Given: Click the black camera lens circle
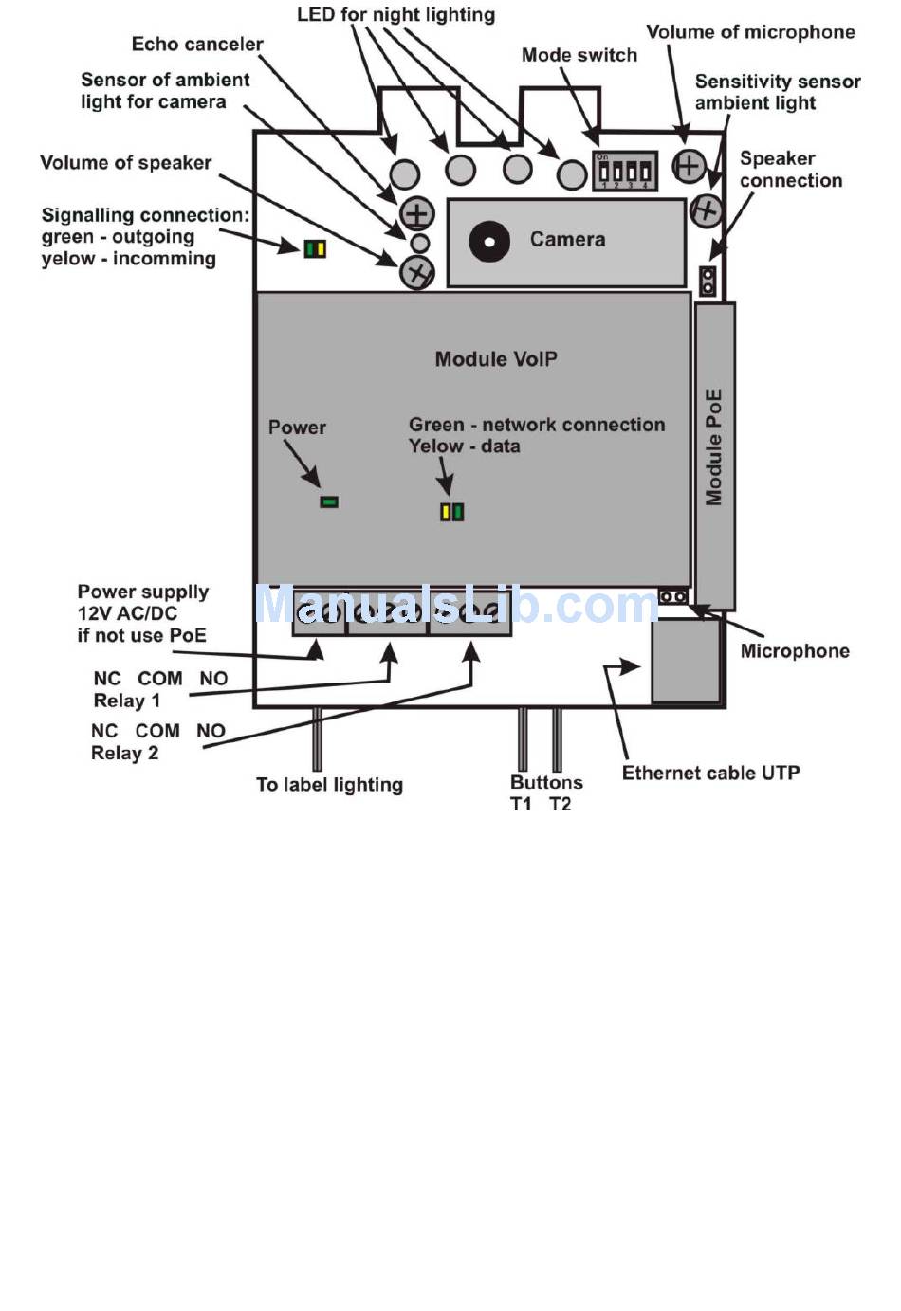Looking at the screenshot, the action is [x=489, y=241].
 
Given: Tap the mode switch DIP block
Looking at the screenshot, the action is [x=624, y=171].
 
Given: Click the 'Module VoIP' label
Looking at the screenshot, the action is [x=495, y=359].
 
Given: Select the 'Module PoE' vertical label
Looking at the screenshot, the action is [x=714, y=446].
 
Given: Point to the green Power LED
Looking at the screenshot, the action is [x=329, y=501].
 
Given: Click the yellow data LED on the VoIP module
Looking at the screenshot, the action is [x=446, y=512].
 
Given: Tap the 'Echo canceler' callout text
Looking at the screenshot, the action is [x=197, y=45].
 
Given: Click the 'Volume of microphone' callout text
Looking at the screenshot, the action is [x=750, y=32].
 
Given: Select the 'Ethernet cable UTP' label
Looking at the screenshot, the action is [x=710, y=773].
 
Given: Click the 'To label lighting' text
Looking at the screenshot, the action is [x=329, y=785].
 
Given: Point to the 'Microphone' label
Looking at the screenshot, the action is [x=794, y=651].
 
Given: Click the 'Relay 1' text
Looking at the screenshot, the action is [x=126, y=701].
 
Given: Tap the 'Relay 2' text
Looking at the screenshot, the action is [x=124, y=754].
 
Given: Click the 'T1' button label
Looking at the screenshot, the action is [x=521, y=805].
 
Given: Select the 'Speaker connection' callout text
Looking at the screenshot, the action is [x=790, y=169].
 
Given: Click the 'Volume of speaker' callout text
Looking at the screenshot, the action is [x=125, y=163].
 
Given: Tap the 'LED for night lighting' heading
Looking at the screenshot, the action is [x=395, y=15].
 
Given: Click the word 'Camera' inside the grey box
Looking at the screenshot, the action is [x=567, y=240].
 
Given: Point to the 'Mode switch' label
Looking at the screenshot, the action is [x=579, y=55].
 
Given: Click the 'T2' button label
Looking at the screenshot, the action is [x=561, y=805].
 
